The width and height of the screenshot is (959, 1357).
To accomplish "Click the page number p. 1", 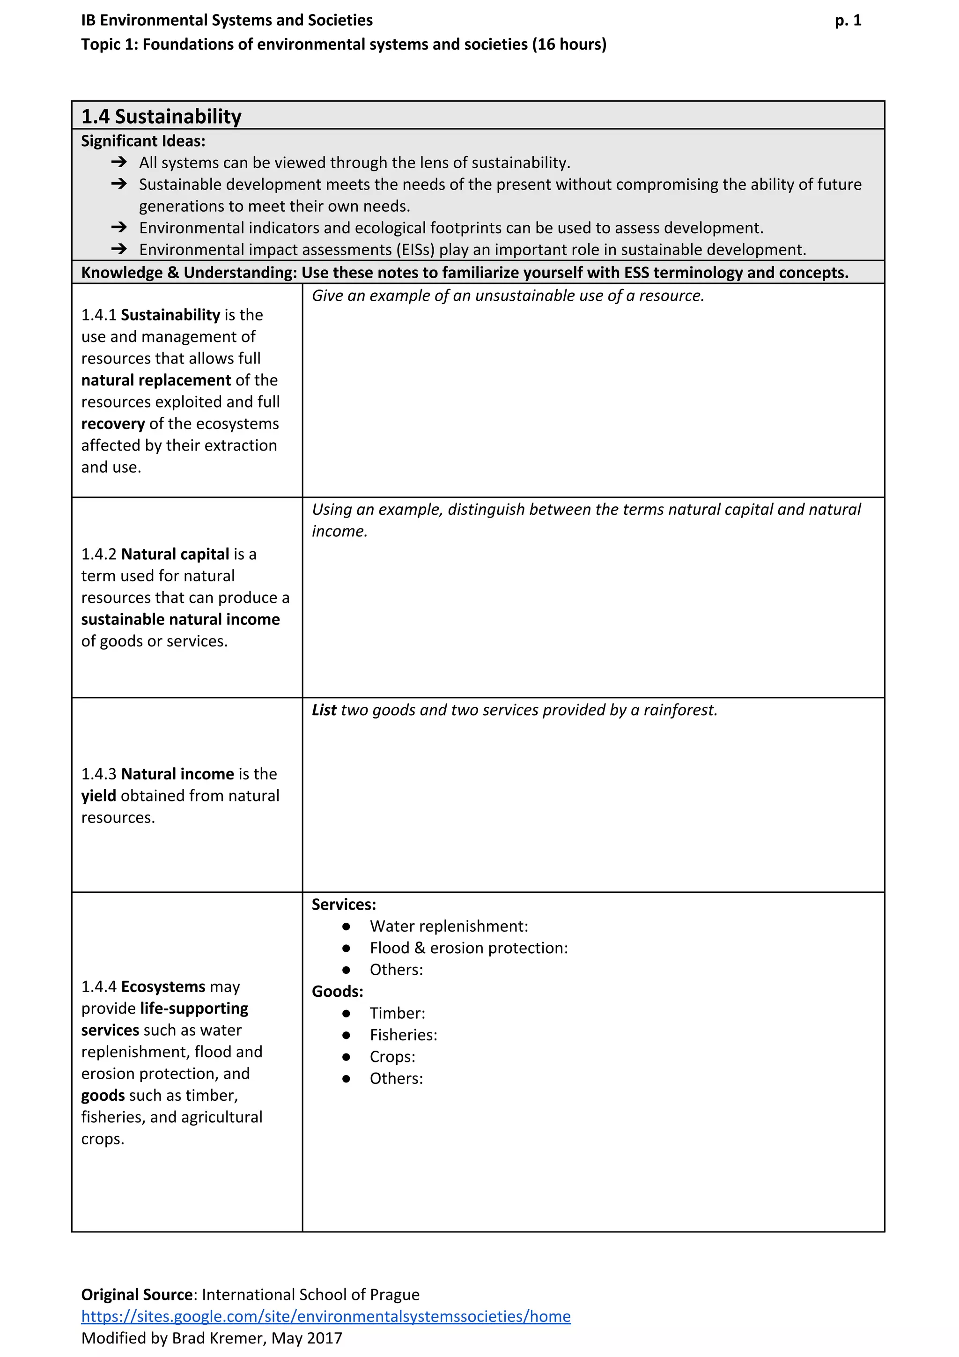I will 848,21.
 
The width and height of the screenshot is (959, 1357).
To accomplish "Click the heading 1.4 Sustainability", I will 161,117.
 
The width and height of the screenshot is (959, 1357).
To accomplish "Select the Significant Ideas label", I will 143,141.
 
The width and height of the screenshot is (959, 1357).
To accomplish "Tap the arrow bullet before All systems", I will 119,162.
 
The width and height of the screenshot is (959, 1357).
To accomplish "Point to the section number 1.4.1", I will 99,315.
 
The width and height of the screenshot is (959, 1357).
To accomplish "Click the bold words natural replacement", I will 156,380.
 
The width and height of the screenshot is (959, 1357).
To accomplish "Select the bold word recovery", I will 113,424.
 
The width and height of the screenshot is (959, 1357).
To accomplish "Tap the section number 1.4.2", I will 99,555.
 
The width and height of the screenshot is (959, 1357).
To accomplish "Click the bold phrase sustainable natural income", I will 180,619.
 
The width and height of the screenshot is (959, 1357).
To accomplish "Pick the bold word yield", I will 99,796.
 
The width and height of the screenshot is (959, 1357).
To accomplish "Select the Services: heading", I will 344,905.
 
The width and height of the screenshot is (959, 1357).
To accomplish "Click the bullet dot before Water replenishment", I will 346,927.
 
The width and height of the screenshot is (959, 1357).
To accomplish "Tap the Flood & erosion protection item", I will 469,948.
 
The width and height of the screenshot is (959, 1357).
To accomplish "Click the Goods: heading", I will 338,992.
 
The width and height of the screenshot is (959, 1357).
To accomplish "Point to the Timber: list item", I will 397,1014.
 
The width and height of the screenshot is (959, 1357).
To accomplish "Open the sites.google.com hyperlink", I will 325,1316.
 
